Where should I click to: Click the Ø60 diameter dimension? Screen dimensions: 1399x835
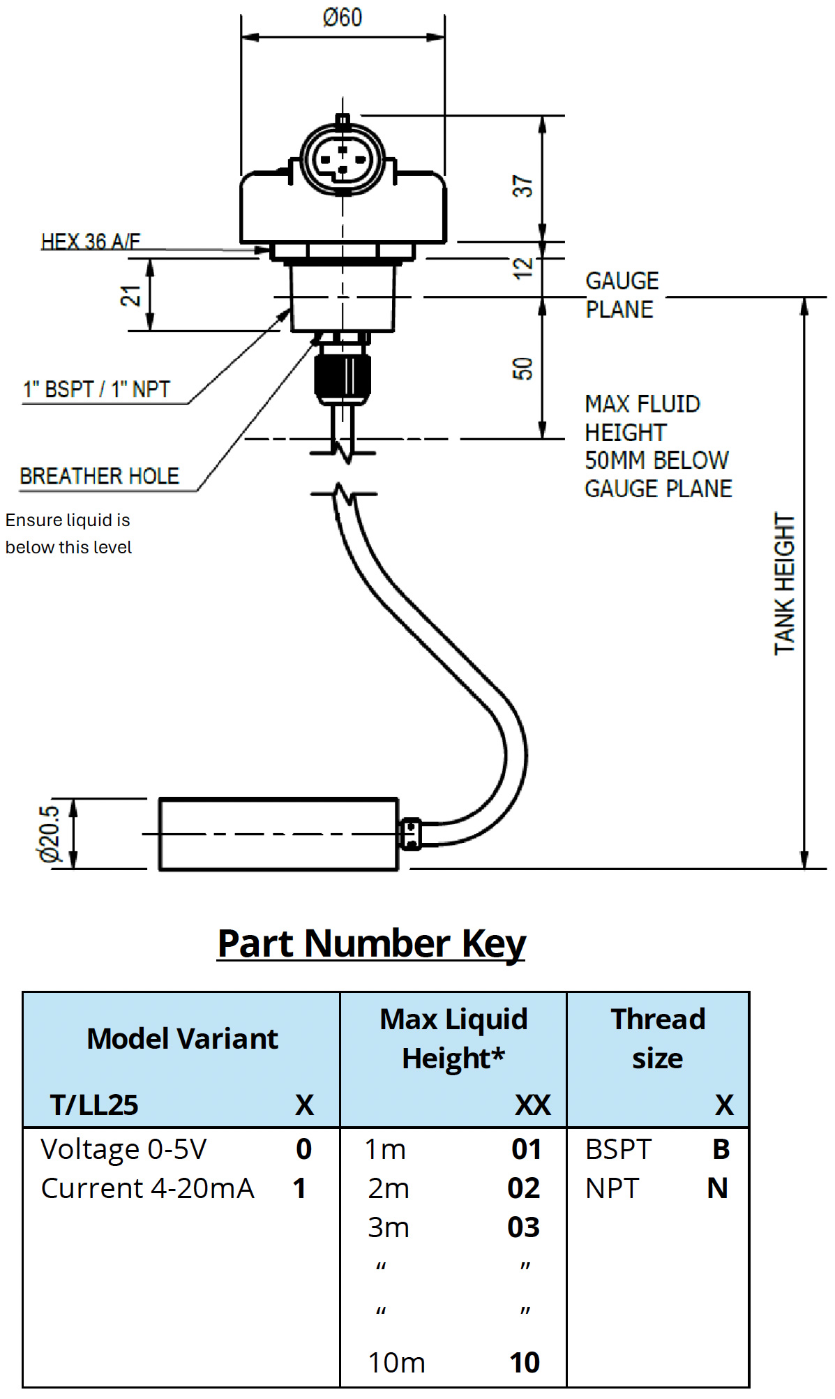[343, 17]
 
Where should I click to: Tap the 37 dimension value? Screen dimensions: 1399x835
[522, 186]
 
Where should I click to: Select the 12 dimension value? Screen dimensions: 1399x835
[522, 267]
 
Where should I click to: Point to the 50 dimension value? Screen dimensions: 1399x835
[522, 368]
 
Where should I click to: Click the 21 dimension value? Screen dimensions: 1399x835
[131, 295]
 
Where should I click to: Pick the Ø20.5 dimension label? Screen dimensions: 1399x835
[50, 834]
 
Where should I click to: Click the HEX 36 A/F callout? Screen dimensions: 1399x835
[91, 241]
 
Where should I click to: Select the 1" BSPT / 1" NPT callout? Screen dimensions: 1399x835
[97, 389]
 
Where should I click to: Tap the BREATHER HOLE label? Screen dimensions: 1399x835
[100, 476]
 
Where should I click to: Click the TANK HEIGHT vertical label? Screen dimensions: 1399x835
[785, 584]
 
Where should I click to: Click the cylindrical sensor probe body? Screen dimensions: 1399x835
[278, 835]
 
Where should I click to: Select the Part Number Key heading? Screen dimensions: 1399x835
[371, 943]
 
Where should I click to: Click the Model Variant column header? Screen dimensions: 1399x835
[182, 1038]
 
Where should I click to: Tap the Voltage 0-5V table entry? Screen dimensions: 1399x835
[123, 1149]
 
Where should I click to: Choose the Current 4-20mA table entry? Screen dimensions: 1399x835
[147, 1188]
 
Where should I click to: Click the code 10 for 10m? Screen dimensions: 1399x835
[525, 1362]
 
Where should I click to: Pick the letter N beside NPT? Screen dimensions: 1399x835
[717, 1188]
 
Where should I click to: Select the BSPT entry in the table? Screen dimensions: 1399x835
[618, 1149]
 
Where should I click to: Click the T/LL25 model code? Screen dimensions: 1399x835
[94, 1105]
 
